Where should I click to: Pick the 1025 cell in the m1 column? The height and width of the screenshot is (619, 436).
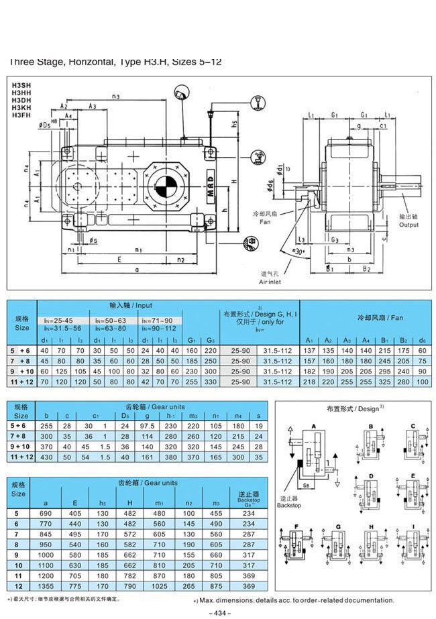[160, 585]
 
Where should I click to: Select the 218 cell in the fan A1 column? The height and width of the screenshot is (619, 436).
[309, 381]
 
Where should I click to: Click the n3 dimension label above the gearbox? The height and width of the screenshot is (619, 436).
[116, 97]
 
